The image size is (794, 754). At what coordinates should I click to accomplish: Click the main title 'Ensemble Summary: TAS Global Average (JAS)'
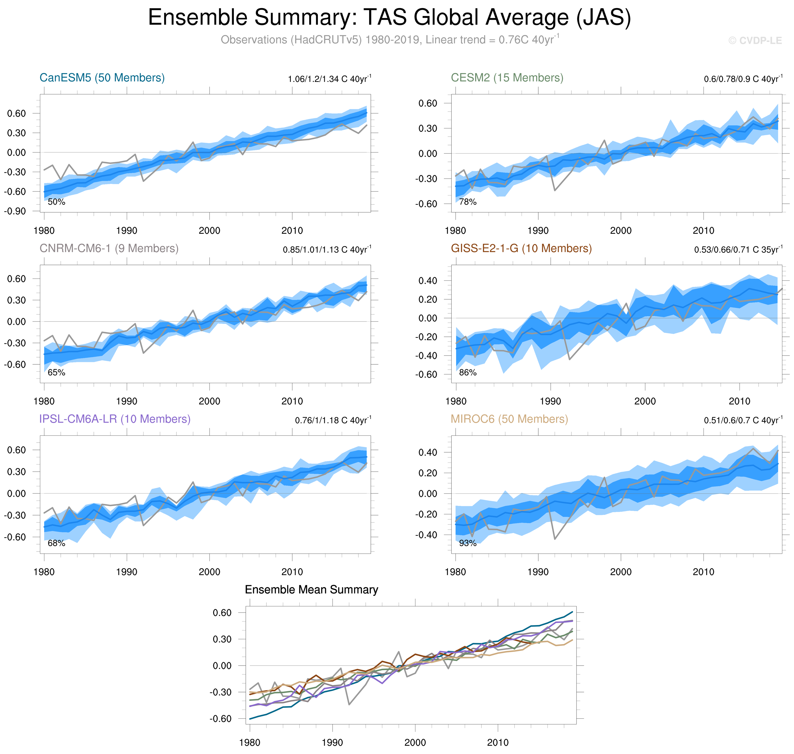point(389,18)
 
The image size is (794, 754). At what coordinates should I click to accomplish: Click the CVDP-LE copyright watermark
point(755,41)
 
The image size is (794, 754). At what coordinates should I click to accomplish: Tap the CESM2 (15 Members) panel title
point(507,77)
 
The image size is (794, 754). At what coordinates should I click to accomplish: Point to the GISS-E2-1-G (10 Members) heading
point(521,248)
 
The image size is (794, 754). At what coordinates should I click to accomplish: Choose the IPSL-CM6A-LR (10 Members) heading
point(115,419)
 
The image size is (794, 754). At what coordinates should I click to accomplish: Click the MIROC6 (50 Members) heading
point(509,419)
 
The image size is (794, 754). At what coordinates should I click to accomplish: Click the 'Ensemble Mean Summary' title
point(311,590)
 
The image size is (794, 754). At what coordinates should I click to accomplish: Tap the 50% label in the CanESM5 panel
point(56,202)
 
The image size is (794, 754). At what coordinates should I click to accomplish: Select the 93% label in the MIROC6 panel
point(468,543)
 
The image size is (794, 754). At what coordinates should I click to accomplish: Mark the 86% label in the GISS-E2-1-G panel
point(468,373)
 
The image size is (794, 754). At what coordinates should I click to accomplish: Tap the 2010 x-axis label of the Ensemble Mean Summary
point(498,742)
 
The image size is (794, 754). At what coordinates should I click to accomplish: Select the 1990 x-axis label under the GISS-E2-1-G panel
point(550,401)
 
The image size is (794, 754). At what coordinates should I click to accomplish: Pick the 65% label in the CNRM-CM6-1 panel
point(56,373)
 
